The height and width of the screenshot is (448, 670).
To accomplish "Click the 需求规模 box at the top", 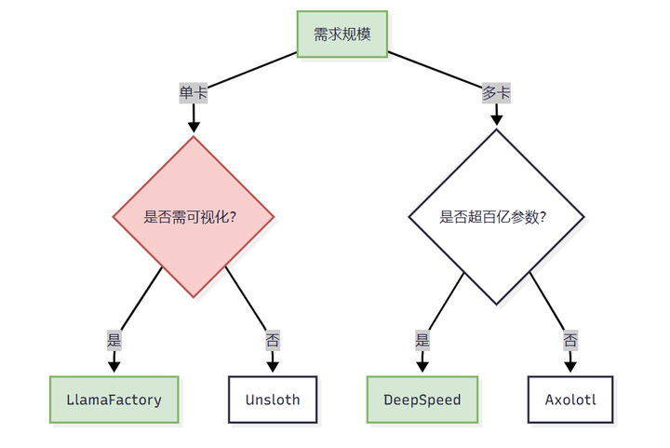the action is point(342,34).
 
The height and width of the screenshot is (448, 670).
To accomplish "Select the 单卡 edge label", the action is point(194,93).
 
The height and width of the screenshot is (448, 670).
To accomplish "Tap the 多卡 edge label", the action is point(496,93).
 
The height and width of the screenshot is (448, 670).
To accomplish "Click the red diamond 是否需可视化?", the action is point(194,217).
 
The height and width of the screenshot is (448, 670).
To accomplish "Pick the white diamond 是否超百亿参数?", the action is point(496,217).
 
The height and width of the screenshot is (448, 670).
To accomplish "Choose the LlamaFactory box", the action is point(114,400).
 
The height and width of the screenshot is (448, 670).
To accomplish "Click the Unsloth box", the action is point(273,400).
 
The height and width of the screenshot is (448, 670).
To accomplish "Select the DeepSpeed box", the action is point(422,400).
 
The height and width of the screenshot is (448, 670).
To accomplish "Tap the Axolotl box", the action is point(570,400).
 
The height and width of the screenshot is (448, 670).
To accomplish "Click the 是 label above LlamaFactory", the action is point(114,341).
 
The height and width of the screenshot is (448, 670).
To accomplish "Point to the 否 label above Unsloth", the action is point(273,341).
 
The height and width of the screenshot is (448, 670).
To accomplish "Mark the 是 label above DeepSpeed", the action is point(422,341).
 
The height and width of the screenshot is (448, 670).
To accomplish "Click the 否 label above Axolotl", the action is point(570,341).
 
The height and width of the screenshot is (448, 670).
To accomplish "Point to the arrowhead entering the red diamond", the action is point(194,127).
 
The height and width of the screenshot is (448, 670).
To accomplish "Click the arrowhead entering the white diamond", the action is point(496,120).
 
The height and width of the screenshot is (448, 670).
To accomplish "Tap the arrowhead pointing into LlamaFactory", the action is point(114,367).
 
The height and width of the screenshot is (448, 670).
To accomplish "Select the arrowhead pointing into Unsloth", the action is point(273,367).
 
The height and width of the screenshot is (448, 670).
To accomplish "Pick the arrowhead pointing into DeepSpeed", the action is point(422,367).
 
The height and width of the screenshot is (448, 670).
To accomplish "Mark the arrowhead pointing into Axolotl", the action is point(570,367).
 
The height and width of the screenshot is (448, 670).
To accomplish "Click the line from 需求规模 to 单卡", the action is point(252,70).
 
